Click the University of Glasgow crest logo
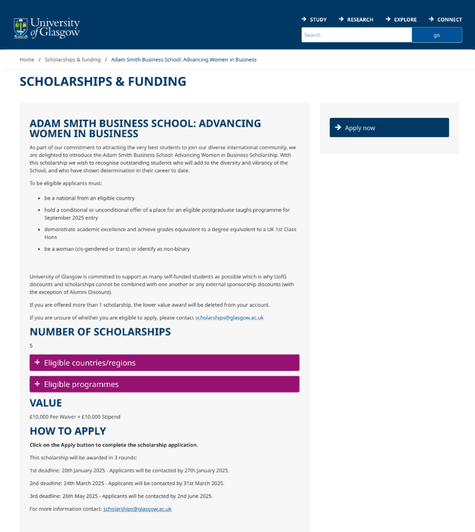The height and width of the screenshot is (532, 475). pyautogui.click(x=21, y=28)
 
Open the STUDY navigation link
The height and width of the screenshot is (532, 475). pyautogui.click(x=314, y=19)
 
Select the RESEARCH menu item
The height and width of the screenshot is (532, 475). pyautogui.click(x=356, y=19)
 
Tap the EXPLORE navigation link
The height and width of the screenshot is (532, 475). pyautogui.click(x=401, y=19)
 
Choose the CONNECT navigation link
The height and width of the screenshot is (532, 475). pyautogui.click(x=445, y=19)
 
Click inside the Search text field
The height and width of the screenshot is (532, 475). pyautogui.click(x=356, y=35)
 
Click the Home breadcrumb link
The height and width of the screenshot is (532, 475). pyautogui.click(x=27, y=60)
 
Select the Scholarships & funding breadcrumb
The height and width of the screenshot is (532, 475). pyautogui.click(x=72, y=60)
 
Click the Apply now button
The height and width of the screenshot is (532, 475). pyautogui.click(x=389, y=127)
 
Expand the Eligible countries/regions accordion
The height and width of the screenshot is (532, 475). pyautogui.click(x=164, y=362)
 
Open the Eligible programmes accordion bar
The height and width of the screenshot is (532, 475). pyautogui.click(x=164, y=384)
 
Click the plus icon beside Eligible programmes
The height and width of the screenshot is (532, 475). pyautogui.click(x=37, y=384)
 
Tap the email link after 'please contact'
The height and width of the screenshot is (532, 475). pyautogui.click(x=229, y=318)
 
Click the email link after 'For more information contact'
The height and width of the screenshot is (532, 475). pyautogui.click(x=137, y=509)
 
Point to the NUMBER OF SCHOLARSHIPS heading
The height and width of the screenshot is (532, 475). pyautogui.click(x=100, y=332)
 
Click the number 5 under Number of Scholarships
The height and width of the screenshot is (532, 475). pyautogui.click(x=31, y=346)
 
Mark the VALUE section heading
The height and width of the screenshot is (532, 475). pyautogui.click(x=46, y=403)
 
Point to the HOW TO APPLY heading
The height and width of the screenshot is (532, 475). pyautogui.click(x=68, y=431)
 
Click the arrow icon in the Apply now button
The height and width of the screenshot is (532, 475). pyautogui.click(x=338, y=127)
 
